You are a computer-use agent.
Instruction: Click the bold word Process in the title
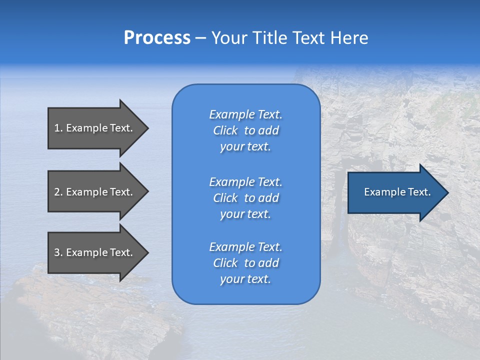pos(157,38)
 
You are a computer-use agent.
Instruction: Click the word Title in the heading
pos(270,38)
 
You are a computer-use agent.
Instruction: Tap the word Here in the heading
pos(349,38)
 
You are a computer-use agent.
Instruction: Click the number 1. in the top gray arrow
pos(58,128)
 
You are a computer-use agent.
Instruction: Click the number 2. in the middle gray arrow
pos(58,192)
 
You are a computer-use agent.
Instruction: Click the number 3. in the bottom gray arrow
pos(58,252)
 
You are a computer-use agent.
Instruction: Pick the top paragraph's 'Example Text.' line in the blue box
pos(245,114)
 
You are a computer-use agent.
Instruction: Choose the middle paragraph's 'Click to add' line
pos(245,198)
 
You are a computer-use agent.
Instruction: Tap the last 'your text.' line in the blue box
pos(245,279)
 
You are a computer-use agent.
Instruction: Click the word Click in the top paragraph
pos(225,130)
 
